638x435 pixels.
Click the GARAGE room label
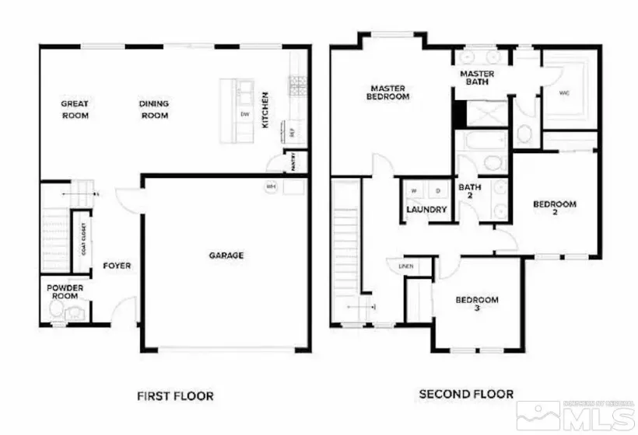226,255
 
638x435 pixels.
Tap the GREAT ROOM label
75,110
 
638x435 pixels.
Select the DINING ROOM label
154,110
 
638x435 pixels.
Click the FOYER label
117,266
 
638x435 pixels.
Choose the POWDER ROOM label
65,291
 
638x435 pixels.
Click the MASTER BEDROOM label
389,92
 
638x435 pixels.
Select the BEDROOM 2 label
555,207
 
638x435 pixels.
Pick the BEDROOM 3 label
477,304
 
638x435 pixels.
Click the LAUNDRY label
426,210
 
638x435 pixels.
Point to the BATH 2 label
469,191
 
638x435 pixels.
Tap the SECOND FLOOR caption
467,395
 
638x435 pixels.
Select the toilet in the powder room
56,311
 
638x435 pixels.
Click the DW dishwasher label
244,115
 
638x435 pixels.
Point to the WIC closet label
565,93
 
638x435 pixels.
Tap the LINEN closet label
405,266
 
